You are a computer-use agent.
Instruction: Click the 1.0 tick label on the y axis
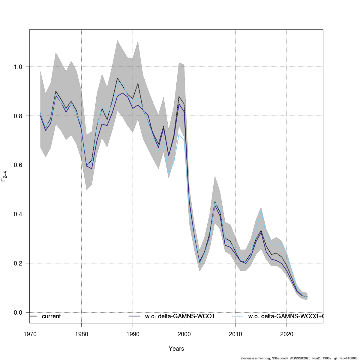click(18, 67)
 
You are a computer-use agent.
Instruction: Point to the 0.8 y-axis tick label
click(18, 116)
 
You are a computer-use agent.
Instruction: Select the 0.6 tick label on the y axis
click(18, 165)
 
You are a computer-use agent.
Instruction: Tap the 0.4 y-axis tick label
click(18, 214)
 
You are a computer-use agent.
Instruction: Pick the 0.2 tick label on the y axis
click(18, 263)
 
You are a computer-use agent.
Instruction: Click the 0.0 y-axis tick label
click(18, 313)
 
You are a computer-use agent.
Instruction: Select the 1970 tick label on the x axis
click(30, 334)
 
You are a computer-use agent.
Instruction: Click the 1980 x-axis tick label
click(81, 334)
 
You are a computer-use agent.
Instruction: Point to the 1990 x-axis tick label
click(133, 334)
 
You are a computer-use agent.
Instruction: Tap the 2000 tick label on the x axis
click(184, 334)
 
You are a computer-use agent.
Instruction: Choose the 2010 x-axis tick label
click(235, 334)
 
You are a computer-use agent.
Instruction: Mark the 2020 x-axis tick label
click(286, 334)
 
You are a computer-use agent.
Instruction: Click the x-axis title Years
click(176, 349)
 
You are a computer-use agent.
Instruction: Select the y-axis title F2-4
click(4, 176)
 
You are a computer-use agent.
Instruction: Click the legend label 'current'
click(51, 316)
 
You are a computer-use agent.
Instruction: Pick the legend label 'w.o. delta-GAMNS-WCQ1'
click(180, 316)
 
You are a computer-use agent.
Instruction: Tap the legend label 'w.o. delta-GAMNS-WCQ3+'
click(285, 316)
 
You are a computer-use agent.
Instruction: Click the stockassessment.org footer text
click(300, 358)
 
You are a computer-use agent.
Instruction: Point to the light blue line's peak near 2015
click(261, 211)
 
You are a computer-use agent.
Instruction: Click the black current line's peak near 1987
click(117, 78)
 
